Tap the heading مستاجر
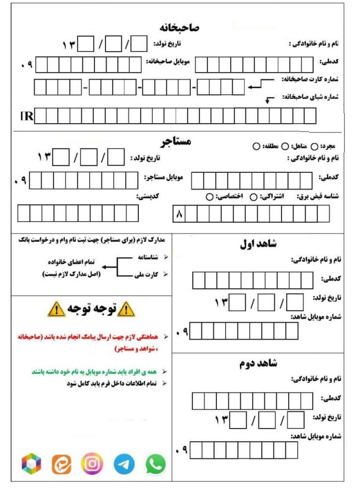(176, 142)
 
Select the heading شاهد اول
(258, 244)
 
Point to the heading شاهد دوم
(259, 362)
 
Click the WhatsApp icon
(156, 464)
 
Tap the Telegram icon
(124, 464)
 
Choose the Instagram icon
(92, 463)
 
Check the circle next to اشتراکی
(253, 196)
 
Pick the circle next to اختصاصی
(210, 196)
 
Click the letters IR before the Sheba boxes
(26, 116)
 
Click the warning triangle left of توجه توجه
(57, 309)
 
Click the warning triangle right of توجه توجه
(127, 309)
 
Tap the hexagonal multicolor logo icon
(32, 464)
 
